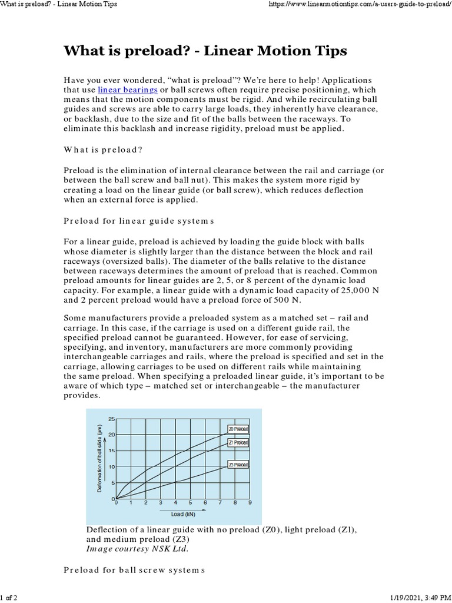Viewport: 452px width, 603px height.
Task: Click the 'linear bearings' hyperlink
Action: (127, 90)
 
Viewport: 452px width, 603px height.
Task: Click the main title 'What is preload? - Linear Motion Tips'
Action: (205, 51)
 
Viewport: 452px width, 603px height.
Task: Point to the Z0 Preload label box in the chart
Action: (238, 429)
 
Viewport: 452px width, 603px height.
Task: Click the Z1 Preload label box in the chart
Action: (238, 442)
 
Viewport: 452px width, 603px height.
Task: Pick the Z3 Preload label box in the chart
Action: (238, 465)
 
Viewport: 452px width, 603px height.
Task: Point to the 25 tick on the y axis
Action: (111, 419)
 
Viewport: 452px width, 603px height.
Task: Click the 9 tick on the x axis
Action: (250, 503)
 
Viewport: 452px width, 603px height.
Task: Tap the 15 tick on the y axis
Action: (111, 450)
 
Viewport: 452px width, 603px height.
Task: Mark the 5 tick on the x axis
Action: (191, 503)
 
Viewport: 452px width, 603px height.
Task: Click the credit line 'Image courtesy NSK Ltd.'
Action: (138, 549)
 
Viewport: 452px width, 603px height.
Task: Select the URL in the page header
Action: (360, 4)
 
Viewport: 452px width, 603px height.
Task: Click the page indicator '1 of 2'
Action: (9, 598)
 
